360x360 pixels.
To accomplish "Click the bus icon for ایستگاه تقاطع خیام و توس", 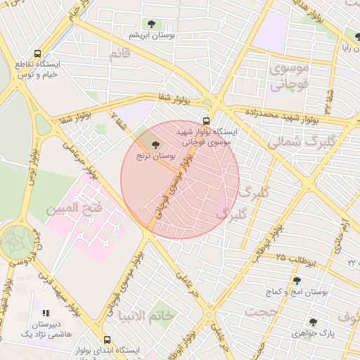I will pyautogui.click(x=37, y=53).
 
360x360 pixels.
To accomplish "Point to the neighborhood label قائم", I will pyautogui.click(x=120, y=54).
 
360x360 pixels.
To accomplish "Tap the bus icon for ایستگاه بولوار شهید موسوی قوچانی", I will pyautogui.click(x=206, y=120).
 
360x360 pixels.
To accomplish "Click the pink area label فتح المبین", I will pyautogui.click(x=75, y=209).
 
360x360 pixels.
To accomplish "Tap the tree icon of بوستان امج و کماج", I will pyautogui.click(x=296, y=281).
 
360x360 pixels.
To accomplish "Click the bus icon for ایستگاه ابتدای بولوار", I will pyautogui.click(x=107, y=340).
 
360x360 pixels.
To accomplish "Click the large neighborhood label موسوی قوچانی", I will pyautogui.click(x=289, y=77).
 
